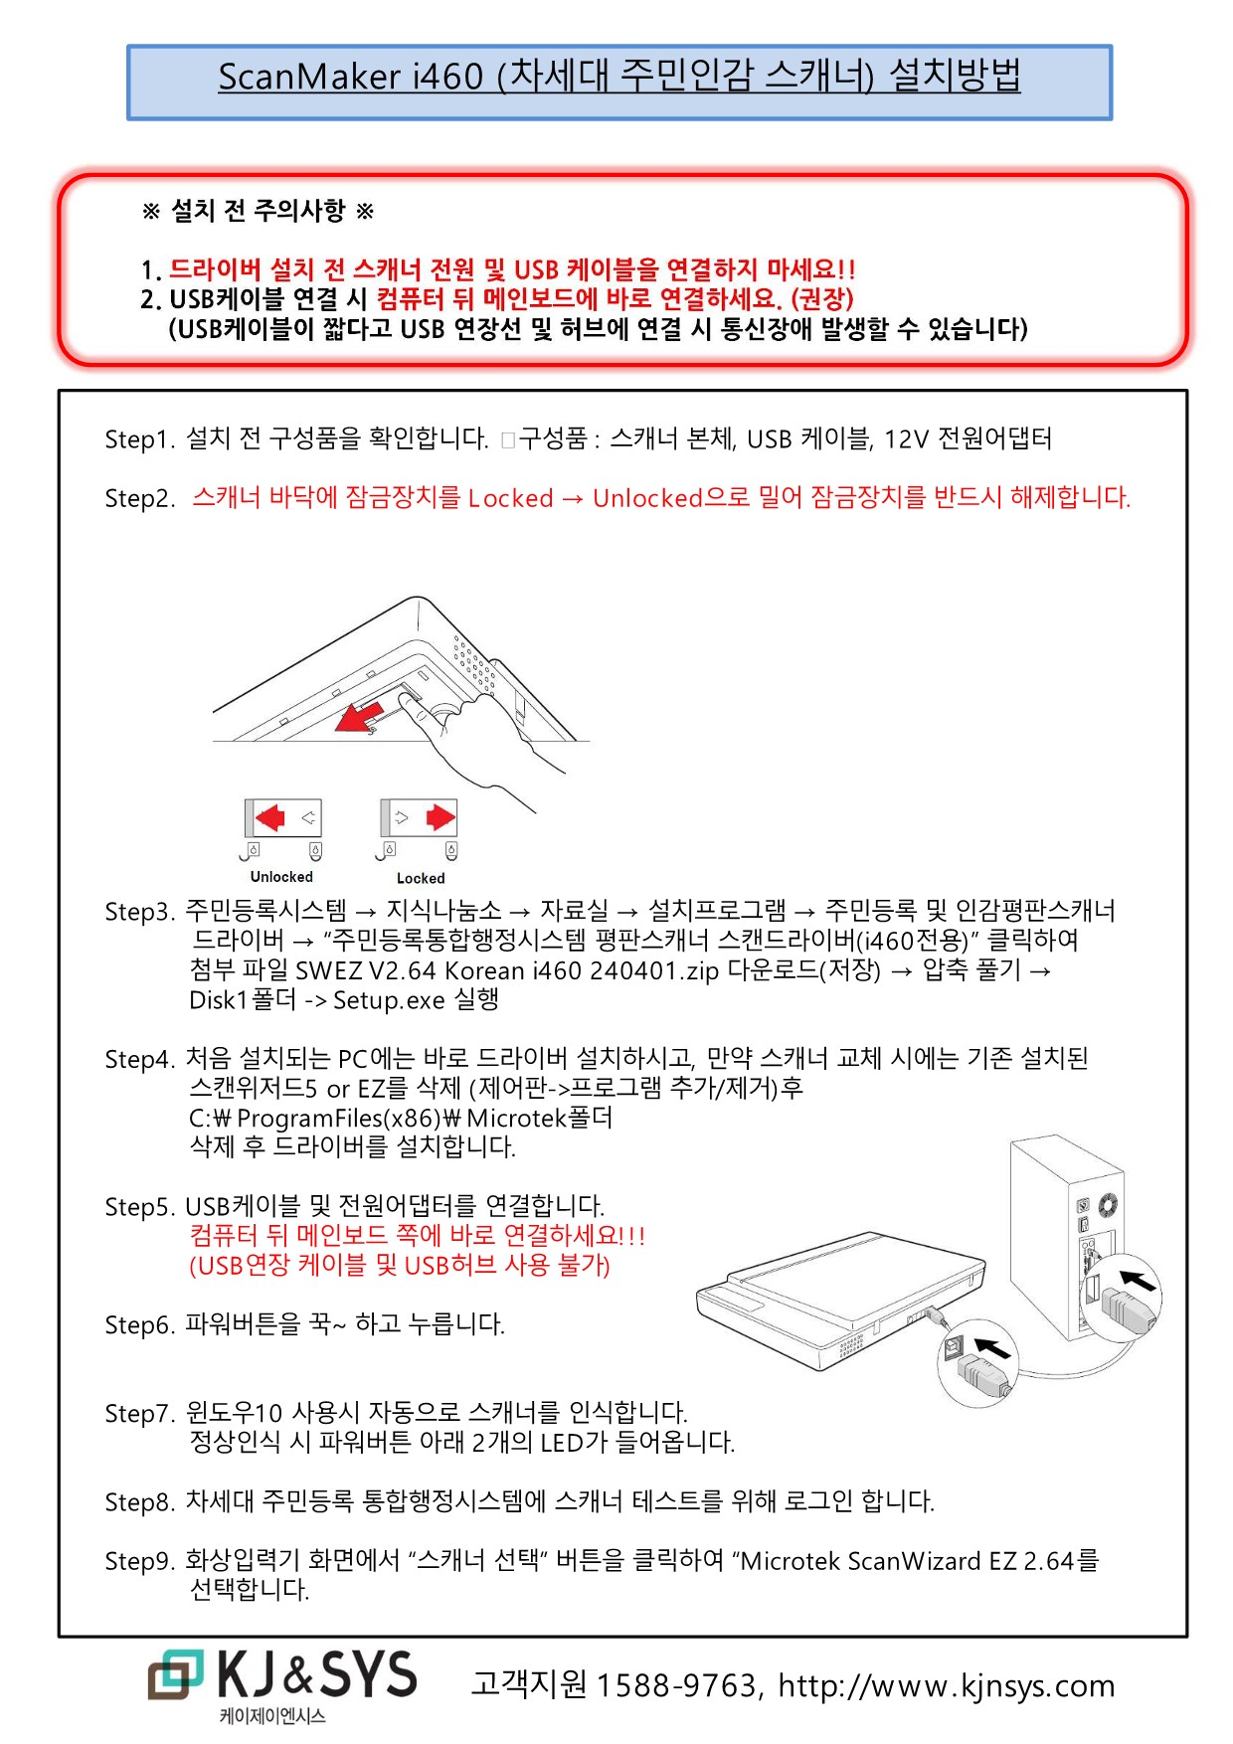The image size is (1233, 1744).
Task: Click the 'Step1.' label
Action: coord(139,439)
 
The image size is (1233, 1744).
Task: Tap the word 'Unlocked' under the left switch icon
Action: coord(281,877)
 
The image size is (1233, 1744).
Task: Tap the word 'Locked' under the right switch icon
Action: coord(421,878)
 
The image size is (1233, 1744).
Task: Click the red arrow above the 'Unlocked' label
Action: coord(269,818)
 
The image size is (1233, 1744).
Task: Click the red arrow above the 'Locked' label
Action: coord(440,818)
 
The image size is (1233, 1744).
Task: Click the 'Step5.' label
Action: coord(139,1207)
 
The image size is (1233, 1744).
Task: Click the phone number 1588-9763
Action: coord(678,1685)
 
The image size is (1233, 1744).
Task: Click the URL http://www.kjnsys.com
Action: coord(946,1685)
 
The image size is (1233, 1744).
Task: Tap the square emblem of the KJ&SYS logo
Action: coord(175,1674)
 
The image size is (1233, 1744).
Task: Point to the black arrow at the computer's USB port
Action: coord(1138,1280)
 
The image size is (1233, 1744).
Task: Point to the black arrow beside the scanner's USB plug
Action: coord(992,1348)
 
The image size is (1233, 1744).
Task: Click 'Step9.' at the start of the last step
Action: coord(139,1561)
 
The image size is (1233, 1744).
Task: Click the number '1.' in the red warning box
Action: coord(151,270)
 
